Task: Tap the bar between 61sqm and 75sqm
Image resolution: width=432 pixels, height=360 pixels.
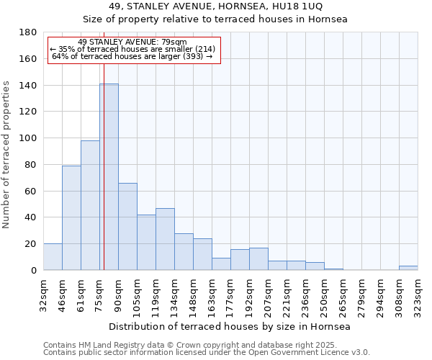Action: pyautogui.click(x=90, y=205)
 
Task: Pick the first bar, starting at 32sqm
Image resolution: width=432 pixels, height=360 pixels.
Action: pyautogui.click(x=53, y=257)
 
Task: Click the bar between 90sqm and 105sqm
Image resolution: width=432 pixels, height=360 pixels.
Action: pyautogui.click(x=127, y=227)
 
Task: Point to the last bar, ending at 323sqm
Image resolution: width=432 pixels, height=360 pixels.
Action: pyautogui.click(x=408, y=268)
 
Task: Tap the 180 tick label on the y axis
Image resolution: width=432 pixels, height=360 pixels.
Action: pyautogui.click(x=29, y=32)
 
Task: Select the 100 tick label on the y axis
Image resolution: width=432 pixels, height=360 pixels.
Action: pyautogui.click(x=29, y=138)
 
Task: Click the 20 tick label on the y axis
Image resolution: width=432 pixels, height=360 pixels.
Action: pyautogui.click(x=32, y=244)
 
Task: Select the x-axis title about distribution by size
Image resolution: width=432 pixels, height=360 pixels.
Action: pyautogui.click(x=230, y=327)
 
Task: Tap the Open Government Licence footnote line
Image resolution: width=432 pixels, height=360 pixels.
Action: pyautogui.click(x=207, y=353)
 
